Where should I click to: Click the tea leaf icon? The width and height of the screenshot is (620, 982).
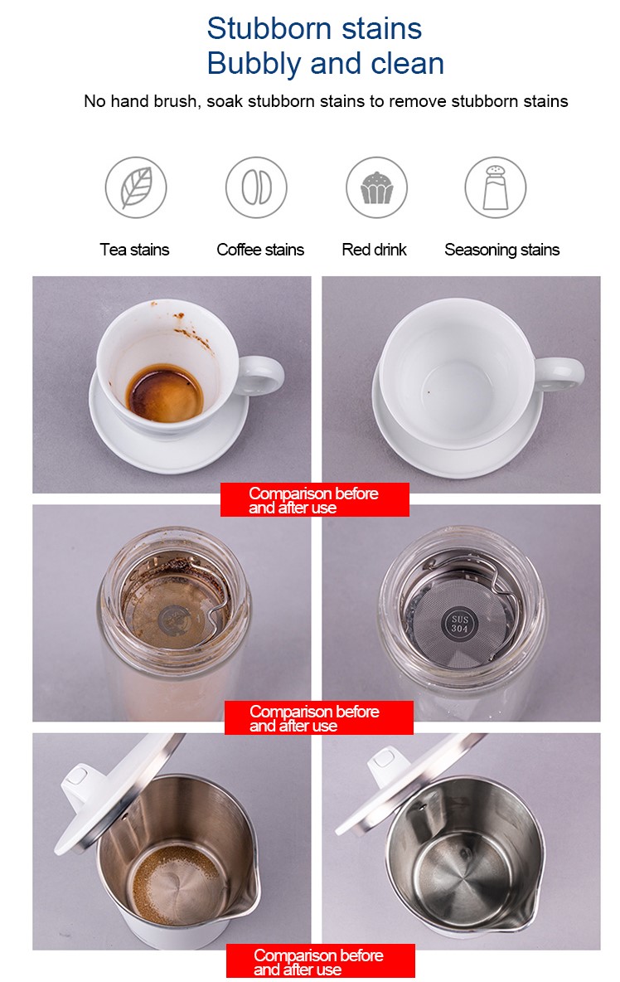click(x=136, y=187)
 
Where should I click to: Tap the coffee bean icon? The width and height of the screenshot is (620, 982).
click(x=256, y=187)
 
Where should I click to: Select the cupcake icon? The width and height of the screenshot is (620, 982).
click(x=376, y=187)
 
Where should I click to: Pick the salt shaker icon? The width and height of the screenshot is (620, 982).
click(x=495, y=187)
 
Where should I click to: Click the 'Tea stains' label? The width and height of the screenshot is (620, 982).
click(x=134, y=250)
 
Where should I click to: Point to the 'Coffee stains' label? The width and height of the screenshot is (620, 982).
click(x=260, y=250)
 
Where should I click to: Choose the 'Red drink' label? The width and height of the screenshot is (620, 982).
click(x=374, y=250)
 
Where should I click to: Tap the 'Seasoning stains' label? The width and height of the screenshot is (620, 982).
click(x=501, y=250)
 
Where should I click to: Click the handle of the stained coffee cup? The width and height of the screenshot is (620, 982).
click(x=263, y=376)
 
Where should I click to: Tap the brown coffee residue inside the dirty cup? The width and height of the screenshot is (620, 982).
click(x=165, y=392)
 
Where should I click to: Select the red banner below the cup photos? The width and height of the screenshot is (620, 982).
click(x=314, y=500)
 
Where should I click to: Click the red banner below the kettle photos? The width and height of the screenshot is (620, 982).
click(x=320, y=962)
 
